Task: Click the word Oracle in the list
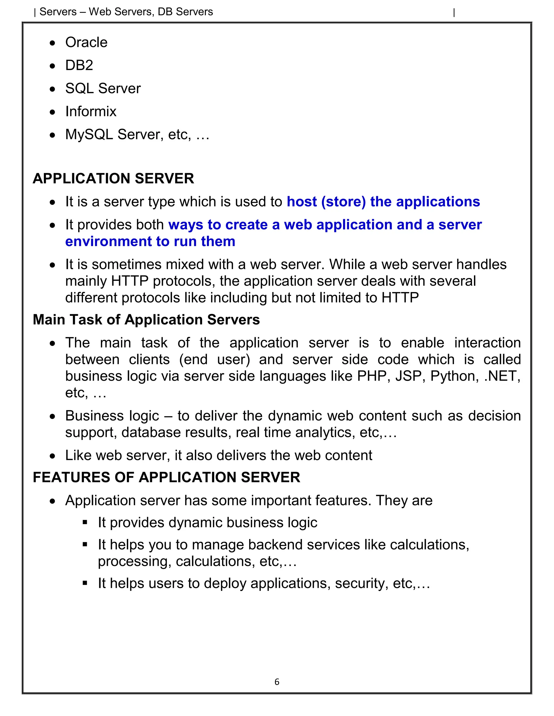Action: click(86, 43)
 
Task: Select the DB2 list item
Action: click(79, 66)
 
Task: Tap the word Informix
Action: click(91, 112)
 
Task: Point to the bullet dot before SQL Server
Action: click(52, 89)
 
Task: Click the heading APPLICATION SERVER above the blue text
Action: click(113, 179)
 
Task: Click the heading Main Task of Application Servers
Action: click(146, 320)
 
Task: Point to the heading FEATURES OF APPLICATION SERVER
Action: click(166, 477)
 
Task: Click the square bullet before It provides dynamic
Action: click(85, 522)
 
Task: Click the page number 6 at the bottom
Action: click(277, 682)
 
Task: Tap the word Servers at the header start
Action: click(58, 12)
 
